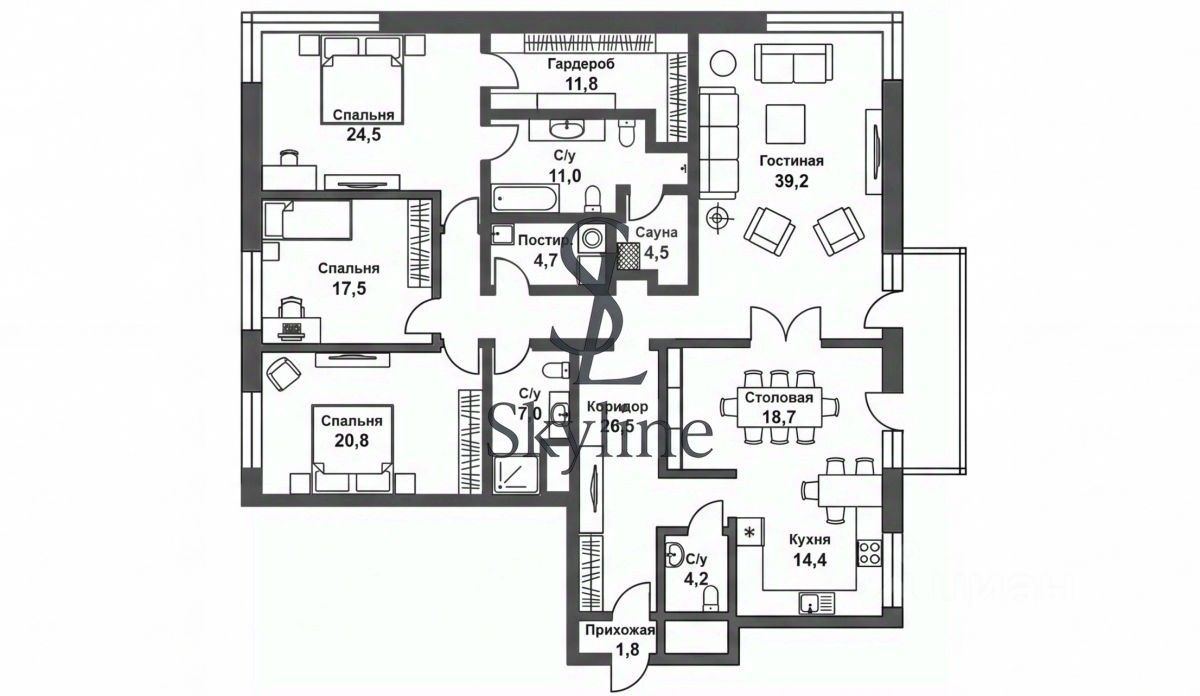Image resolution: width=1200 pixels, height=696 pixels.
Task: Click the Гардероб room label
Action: tap(580, 64)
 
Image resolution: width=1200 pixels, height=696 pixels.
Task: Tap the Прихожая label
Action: tap(621, 630)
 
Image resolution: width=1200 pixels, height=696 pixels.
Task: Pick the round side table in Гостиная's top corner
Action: tap(722, 61)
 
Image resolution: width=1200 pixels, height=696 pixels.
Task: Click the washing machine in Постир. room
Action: tap(594, 239)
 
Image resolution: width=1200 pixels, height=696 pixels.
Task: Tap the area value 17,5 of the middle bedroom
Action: tap(349, 288)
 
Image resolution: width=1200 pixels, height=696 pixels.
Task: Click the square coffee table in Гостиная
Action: tap(787, 123)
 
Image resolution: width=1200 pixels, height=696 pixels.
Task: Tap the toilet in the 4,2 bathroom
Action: tap(710, 598)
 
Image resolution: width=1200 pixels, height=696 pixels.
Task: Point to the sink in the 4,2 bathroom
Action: tap(676, 554)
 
